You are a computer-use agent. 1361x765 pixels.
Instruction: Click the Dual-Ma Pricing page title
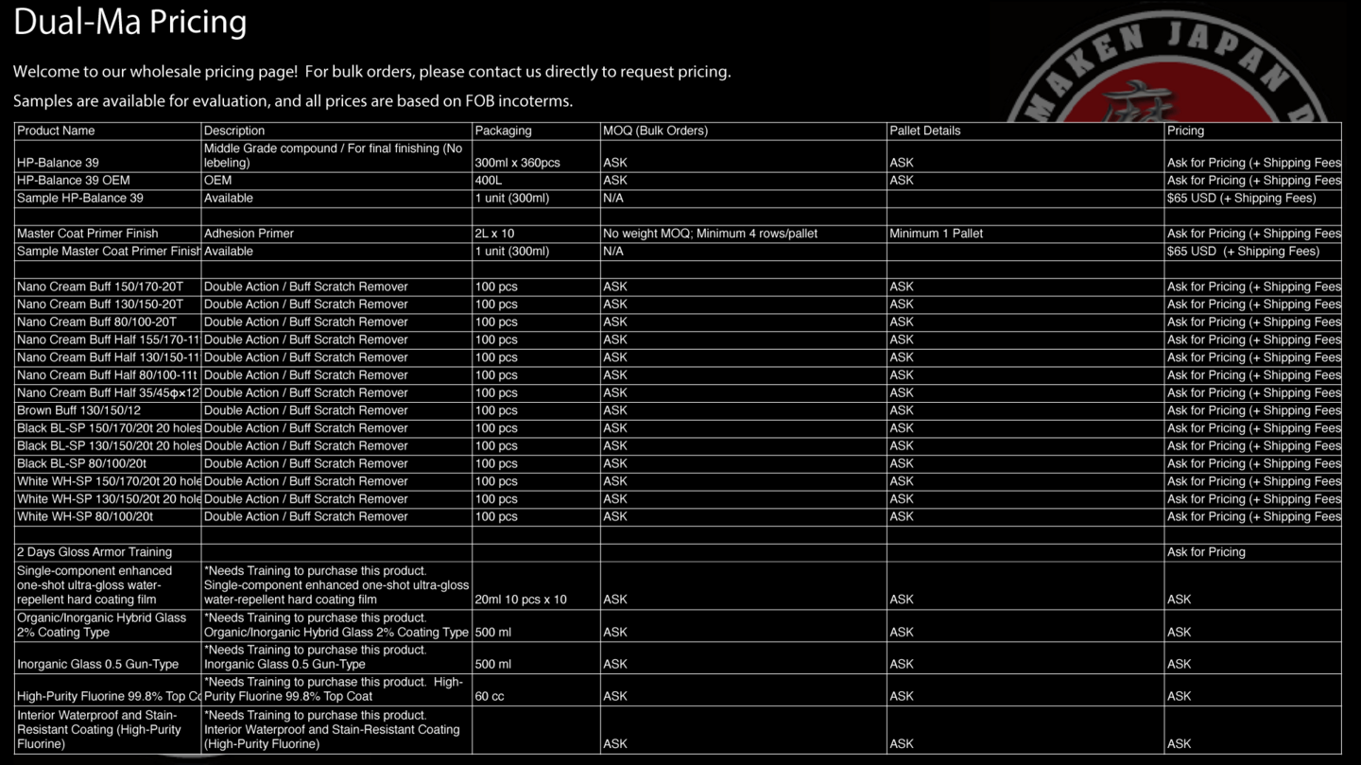point(129,22)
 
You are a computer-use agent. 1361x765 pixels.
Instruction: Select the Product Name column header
point(56,130)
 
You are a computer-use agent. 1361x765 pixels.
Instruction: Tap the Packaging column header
point(503,130)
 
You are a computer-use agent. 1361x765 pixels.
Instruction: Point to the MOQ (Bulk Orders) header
point(655,130)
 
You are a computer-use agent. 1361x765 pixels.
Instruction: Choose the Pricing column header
point(1185,130)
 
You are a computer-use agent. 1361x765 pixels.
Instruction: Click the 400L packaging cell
point(490,181)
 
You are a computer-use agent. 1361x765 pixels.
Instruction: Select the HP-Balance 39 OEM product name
point(74,181)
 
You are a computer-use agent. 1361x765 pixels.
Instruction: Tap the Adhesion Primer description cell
point(249,234)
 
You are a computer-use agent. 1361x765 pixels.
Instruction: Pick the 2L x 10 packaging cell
point(494,234)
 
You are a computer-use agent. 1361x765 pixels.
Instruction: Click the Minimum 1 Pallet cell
point(936,234)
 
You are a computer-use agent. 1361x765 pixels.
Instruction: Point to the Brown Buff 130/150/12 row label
point(78,410)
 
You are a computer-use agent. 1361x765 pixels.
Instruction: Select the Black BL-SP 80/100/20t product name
point(81,463)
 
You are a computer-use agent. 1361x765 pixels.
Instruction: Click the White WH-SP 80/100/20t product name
point(85,517)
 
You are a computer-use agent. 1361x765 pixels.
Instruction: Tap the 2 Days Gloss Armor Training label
point(95,552)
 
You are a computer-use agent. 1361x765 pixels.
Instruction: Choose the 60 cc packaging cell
point(490,697)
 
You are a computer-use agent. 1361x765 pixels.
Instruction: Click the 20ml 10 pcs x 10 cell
point(521,600)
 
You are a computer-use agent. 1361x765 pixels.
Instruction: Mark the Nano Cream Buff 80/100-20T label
point(96,322)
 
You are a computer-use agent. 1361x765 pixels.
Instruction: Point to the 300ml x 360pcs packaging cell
point(517,163)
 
